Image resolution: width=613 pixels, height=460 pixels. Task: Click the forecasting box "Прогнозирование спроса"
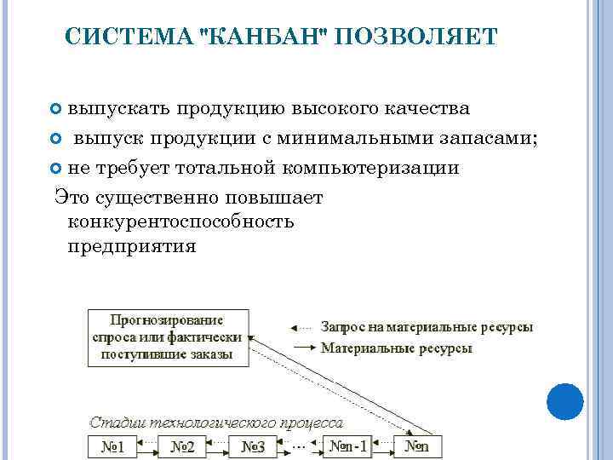(x=168, y=337)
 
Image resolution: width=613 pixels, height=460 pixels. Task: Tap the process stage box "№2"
(x=182, y=446)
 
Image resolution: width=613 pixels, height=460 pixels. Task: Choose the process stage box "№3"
(x=253, y=446)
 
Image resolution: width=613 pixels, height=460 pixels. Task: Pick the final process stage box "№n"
(x=416, y=446)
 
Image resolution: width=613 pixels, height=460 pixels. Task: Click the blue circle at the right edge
(x=564, y=400)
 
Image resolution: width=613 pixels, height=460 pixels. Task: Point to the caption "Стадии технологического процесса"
(x=216, y=422)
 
